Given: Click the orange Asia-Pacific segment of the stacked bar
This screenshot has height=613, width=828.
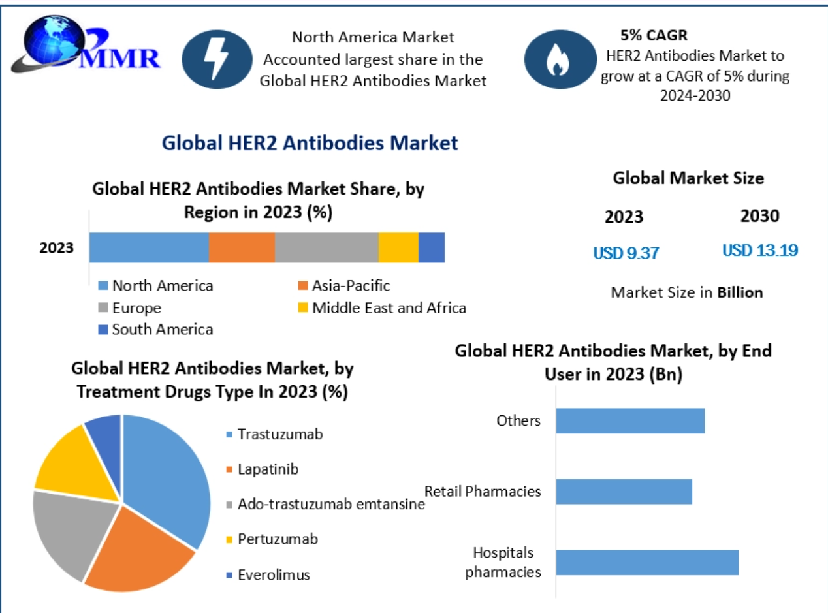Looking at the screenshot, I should (x=242, y=247).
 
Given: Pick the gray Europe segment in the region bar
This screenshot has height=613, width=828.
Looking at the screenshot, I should (x=326, y=247).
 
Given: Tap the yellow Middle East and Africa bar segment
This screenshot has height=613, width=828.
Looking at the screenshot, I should (x=398, y=247).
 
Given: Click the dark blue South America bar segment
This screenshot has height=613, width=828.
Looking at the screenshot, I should (x=432, y=247).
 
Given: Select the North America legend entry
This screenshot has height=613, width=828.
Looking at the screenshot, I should (x=156, y=285).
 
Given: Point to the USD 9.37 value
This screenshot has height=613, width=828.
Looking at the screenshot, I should (x=626, y=253).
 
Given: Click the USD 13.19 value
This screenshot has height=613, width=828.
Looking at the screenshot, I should (x=759, y=250).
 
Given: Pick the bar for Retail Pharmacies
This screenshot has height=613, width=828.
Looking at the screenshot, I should (x=624, y=492).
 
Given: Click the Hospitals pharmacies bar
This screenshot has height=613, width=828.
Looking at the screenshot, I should (x=646, y=562).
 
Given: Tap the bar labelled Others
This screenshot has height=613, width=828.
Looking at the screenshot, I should (x=630, y=420).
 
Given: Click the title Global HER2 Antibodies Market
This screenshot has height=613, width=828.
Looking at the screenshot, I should (x=310, y=143).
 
